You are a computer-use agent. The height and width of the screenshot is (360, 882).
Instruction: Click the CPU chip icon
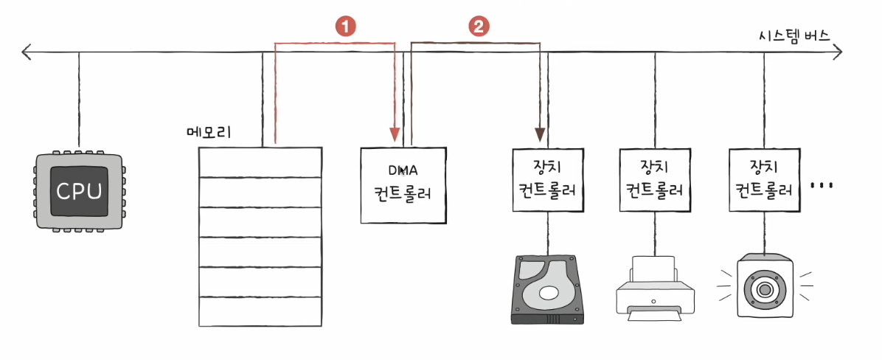click(80, 190)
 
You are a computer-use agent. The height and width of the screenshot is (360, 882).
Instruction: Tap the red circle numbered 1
click(347, 27)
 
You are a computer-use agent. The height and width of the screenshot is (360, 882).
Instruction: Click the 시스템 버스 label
click(793, 37)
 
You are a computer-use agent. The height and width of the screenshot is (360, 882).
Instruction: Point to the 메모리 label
click(209, 133)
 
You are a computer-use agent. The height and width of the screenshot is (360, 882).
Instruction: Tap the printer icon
click(655, 288)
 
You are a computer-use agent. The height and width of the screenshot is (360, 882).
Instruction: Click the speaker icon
click(764, 288)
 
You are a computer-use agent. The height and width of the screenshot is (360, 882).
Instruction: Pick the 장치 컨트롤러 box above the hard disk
click(546, 179)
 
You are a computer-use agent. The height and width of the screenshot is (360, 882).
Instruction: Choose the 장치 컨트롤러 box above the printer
click(654, 179)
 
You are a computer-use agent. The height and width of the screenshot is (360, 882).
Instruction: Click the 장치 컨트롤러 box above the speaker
click(764, 179)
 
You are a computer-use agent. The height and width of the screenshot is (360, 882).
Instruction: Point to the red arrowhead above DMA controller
click(395, 134)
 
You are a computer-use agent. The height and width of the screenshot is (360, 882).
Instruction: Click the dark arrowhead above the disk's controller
click(540, 134)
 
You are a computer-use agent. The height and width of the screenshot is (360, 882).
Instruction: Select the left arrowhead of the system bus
click(25, 53)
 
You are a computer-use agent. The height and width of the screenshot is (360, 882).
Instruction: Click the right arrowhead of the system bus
click(838, 52)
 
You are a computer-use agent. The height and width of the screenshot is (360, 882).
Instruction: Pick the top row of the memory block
click(260, 162)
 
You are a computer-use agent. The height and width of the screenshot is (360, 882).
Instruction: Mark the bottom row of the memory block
click(260, 311)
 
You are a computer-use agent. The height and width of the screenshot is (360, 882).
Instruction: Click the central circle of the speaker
click(764, 290)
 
